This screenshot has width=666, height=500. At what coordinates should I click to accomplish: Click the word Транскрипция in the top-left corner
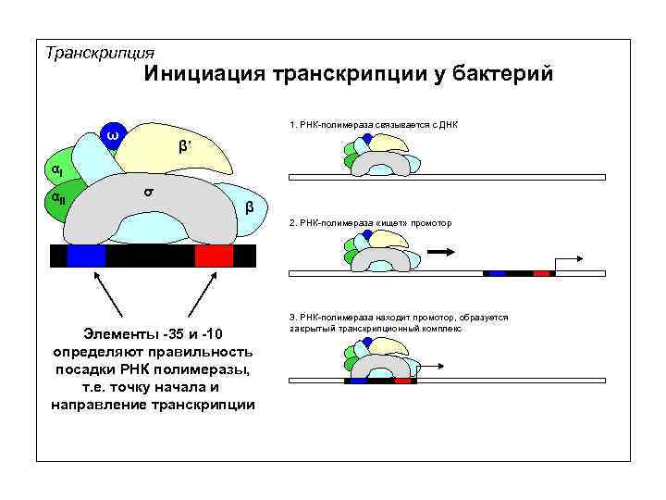pos(99,52)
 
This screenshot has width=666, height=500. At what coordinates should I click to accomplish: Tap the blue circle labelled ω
pos(112,137)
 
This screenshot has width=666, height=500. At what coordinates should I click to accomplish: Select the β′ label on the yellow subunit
pos(184,147)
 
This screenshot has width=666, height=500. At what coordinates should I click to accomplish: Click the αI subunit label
pos(55,170)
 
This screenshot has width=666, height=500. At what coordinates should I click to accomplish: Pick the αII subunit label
pos(57,197)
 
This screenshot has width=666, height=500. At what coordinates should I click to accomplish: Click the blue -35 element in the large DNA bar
pos(86,255)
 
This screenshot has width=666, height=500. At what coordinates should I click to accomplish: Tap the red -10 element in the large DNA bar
pos(214,255)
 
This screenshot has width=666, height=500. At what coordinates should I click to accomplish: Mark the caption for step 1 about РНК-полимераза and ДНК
pos(373,124)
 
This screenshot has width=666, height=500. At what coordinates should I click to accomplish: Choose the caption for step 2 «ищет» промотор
pos(371,223)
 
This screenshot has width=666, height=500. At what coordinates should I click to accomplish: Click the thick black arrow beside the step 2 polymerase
pos(443,250)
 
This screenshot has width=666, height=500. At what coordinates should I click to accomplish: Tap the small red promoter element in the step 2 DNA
pos(541,274)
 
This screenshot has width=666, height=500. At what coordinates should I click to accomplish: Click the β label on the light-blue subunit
pos(250,206)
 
